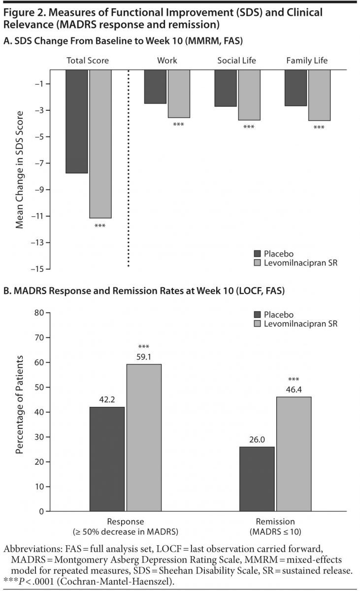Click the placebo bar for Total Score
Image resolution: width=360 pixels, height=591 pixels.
pos(77,121)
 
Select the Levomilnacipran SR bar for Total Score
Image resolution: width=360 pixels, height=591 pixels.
pos(100,143)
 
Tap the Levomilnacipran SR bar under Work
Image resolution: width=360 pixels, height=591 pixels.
pos(179,94)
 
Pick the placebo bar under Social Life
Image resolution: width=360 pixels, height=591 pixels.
pos(226,88)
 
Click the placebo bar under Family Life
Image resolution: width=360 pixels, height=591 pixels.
pos(295,88)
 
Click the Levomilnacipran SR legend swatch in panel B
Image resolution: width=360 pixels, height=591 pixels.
pos(258,324)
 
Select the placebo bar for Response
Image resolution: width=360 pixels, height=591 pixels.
pos(107,459)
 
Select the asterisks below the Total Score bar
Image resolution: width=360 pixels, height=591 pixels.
pos(99,226)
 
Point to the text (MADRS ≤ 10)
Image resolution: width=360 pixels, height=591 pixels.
pos(275,531)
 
